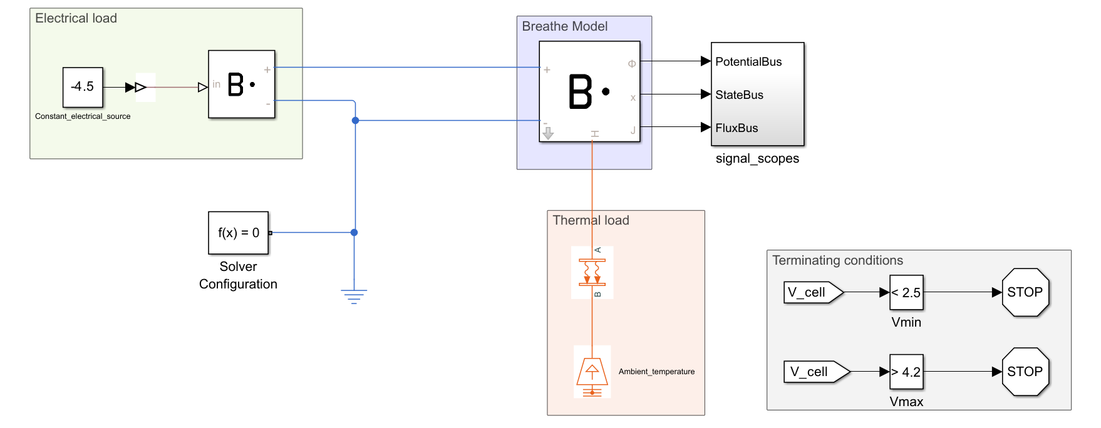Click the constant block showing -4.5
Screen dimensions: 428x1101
coord(83,87)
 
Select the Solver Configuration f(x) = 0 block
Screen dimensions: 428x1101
coord(238,233)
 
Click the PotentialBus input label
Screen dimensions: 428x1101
coord(748,62)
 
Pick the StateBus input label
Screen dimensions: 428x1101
coord(739,95)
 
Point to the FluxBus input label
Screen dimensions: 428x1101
coord(737,128)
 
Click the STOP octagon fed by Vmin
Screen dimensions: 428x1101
coord(1025,292)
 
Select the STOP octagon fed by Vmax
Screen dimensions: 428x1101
coord(1025,372)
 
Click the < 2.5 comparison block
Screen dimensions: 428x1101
coord(906,292)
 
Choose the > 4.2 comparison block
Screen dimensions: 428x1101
coord(906,372)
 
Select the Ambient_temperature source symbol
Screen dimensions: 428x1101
coord(592,373)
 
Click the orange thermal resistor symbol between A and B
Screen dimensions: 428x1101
coord(592,272)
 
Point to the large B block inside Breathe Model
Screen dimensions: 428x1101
coord(589,91)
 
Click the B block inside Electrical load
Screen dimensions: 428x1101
coord(242,84)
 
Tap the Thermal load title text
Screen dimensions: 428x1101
coord(591,220)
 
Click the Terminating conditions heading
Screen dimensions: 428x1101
coord(837,260)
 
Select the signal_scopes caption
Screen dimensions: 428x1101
coord(757,159)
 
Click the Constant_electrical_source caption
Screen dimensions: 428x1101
coord(83,116)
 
